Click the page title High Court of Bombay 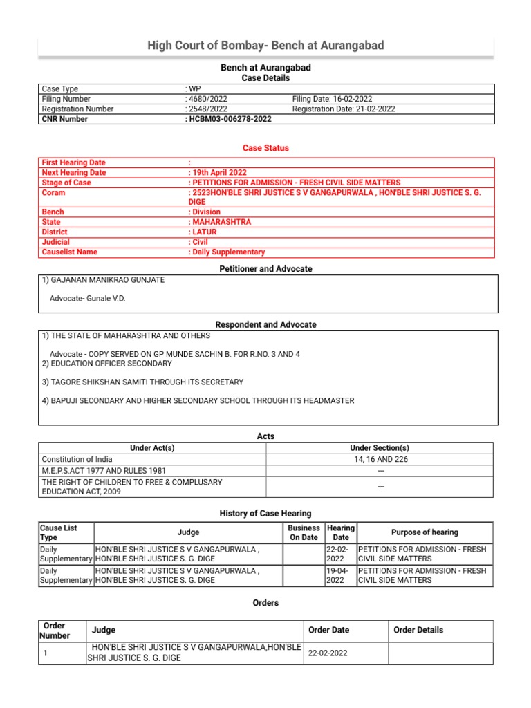265,46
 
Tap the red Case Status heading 265,148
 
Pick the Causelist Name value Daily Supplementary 227,252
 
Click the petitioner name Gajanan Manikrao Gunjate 103,280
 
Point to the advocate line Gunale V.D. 88,299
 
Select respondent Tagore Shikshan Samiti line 142,382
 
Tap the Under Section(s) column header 380,448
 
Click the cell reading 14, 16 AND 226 380,459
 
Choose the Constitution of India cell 77,459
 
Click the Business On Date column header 304,532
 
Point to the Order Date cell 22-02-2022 329,653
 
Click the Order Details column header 418,630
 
